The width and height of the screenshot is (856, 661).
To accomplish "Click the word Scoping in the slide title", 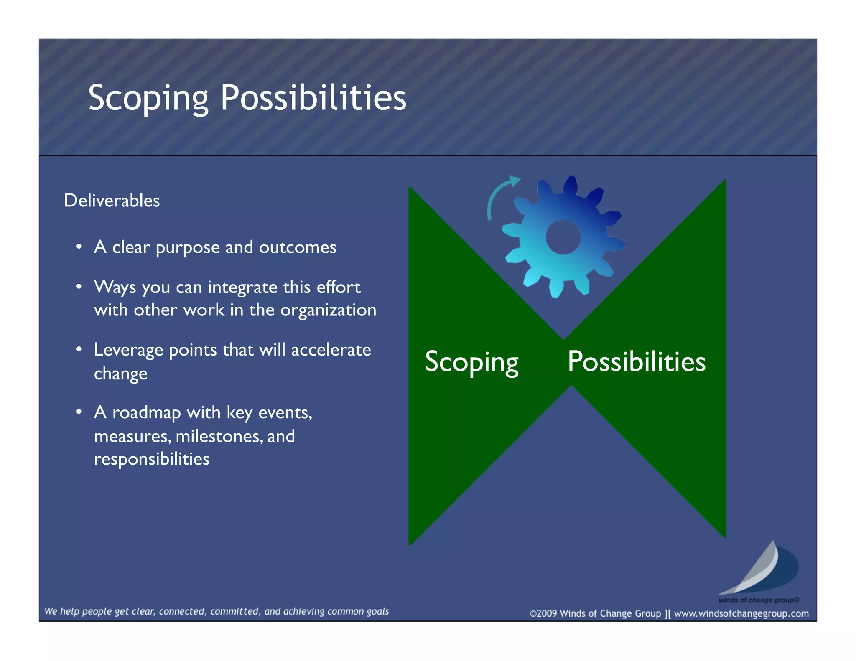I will coord(148,98).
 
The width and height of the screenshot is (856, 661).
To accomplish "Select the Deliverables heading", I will coord(112,201).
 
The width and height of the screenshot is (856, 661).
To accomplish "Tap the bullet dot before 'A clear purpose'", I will coord(79,247).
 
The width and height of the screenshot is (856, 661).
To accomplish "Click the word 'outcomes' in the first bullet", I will coord(297,247).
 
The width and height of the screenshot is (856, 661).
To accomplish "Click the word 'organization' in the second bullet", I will coord(328,310).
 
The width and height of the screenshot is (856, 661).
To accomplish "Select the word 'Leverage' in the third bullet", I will coord(128,350).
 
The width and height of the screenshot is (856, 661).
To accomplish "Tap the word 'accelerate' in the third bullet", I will coord(331,350).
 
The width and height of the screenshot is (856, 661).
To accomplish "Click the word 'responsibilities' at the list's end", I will coord(151,459).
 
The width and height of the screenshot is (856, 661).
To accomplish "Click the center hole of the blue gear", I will coord(563,237).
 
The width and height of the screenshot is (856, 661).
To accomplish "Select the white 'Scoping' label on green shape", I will coord(471,362).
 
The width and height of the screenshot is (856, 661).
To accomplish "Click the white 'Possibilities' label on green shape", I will coord(636,361).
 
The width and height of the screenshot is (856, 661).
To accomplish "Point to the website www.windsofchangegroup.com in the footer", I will coord(741,613).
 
